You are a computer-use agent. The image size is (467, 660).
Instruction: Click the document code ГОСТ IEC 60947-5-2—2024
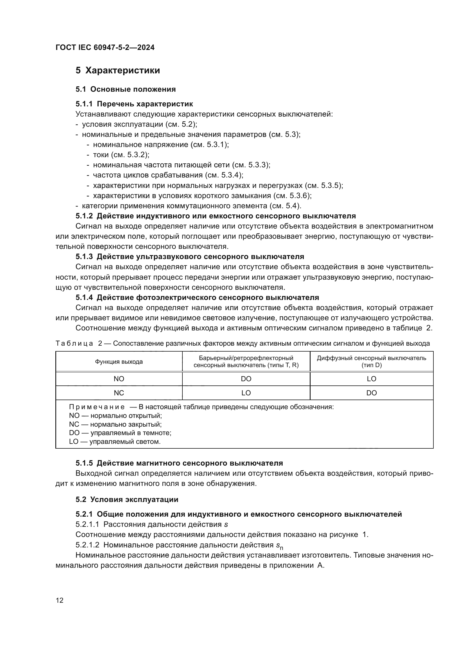click(105, 47)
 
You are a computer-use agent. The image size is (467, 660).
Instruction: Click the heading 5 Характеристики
click(118, 71)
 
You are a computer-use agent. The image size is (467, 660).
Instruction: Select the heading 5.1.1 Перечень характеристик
click(134, 104)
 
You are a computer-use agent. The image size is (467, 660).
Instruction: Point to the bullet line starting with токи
click(121, 155)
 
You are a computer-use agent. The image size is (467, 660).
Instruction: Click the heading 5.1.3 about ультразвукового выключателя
click(190, 256)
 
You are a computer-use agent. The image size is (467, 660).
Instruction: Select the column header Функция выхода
click(119, 362)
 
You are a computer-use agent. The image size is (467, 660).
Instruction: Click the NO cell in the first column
click(119, 379)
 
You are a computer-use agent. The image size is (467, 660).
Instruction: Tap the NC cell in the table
click(119, 393)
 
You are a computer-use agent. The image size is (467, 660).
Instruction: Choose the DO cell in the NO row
click(246, 379)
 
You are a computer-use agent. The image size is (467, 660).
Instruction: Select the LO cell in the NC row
click(246, 393)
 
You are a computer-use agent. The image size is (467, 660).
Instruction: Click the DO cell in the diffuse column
click(371, 393)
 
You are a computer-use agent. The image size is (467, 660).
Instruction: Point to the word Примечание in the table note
click(97, 407)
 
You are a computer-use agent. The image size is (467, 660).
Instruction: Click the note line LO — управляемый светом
click(115, 442)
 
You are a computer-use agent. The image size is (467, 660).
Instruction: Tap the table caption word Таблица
click(74, 343)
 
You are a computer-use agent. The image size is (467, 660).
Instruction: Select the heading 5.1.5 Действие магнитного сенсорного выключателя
click(179, 463)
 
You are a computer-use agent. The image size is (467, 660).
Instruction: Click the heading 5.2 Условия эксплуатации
click(127, 500)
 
